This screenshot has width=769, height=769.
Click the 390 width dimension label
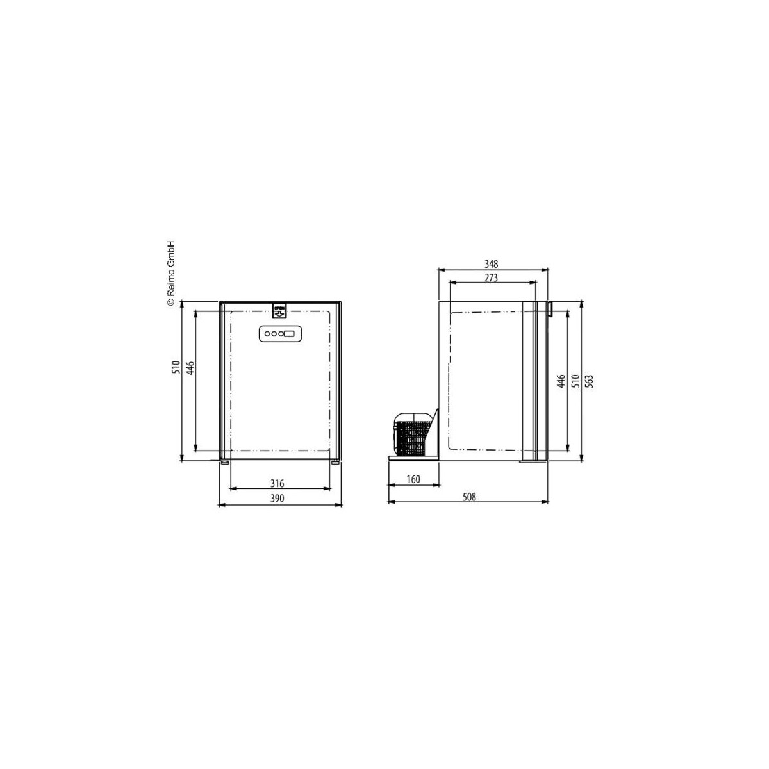click(277, 499)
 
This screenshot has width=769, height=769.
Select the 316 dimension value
click(277, 484)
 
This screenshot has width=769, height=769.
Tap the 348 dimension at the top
click(492, 264)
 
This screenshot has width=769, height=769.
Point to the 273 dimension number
click(492, 277)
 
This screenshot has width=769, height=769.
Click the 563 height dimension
click(590, 381)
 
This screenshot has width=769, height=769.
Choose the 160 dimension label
click(413, 479)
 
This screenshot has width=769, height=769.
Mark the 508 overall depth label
click(469, 497)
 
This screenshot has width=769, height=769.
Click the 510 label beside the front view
click(176, 367)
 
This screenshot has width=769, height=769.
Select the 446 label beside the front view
click(190, 368)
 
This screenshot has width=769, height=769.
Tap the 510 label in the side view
click(575, 381)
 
